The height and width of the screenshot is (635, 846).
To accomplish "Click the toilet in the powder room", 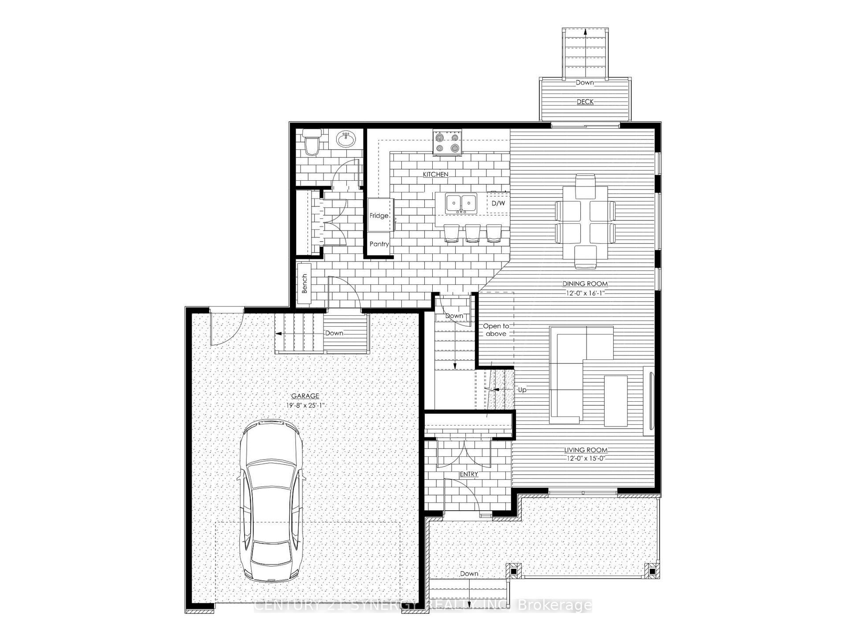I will (312, 143).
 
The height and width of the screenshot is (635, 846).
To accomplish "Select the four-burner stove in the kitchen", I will (447, 142).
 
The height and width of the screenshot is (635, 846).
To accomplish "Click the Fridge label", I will (379, 216).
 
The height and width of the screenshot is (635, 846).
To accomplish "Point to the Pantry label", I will (379, 244).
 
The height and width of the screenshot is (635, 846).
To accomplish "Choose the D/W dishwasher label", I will (498, 203).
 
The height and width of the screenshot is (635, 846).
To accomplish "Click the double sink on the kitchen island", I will (461, 203).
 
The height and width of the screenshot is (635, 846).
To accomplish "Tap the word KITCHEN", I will (435, 175).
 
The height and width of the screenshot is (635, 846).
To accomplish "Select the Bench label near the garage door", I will (304, 284).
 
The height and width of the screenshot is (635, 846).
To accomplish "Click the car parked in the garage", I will (270, 501).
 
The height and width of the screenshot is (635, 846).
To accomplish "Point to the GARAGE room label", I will (305, 396).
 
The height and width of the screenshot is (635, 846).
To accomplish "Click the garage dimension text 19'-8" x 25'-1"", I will (305, 405).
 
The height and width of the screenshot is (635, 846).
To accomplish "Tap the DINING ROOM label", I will (585, 284).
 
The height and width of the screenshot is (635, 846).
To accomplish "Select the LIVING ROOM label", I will (586, 450).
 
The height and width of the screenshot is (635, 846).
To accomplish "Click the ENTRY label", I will (468, 474).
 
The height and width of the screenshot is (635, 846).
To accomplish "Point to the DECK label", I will (585, 102).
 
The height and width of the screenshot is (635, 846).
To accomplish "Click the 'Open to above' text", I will (496, 330).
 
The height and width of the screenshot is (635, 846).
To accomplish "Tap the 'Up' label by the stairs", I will (522, 390).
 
